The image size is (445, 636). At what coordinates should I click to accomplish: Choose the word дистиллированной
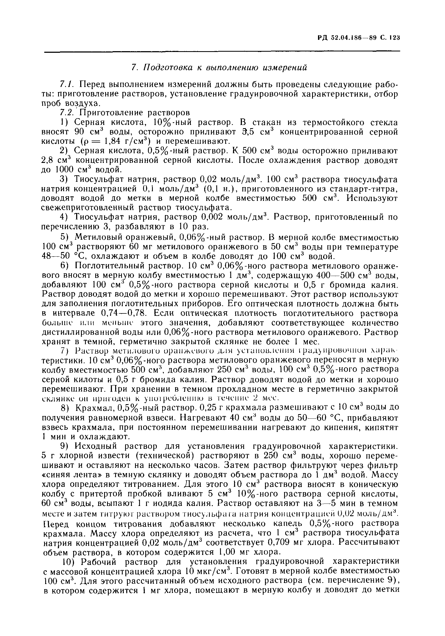click(x=79, y=332)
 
